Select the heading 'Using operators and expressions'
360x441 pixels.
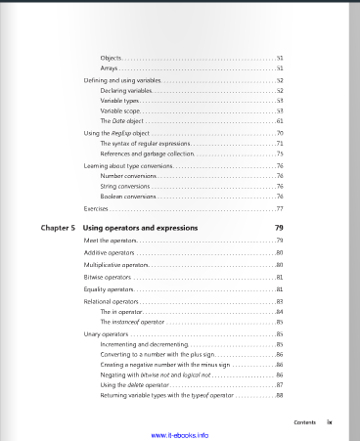coord(141,228)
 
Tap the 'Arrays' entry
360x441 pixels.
coord(110,68)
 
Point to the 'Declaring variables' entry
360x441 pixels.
coord(126,90)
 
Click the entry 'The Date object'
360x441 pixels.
coord(122,120)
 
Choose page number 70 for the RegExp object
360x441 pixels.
coord(280,132)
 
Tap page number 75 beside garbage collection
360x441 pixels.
coord(280,154)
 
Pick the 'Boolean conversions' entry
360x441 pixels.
coord(129,197)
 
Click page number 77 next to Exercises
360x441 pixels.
coord(280,209)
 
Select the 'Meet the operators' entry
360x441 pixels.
coord(110,241)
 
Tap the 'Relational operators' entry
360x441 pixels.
coord(110,302)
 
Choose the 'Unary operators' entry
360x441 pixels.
coord(106,334)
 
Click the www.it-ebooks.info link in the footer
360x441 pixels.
coord(180,434)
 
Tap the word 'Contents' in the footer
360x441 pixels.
coord(304,421)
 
